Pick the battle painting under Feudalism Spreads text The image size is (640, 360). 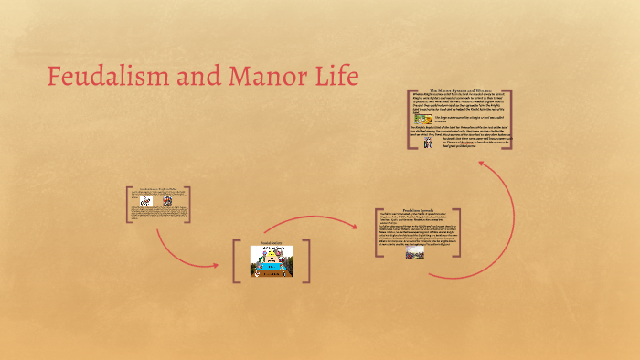click(414, 253)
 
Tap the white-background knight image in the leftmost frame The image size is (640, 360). click(144, 201)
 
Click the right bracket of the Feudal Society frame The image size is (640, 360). click(306, 260)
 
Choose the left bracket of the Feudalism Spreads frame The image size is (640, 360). click(377, 233)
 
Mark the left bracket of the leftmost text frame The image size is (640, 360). click(127, 205)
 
